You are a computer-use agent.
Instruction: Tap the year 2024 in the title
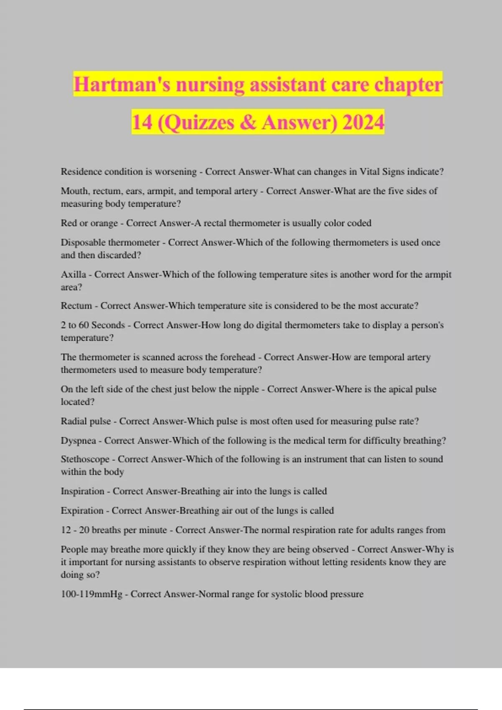[x=363, y=122]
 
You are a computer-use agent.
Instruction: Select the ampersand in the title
[x=248, y=122]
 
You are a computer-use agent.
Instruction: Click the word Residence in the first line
[x=81, y=172]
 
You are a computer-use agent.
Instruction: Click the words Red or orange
[x=89, y=223]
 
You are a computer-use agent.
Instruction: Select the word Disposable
[x=82, y=243]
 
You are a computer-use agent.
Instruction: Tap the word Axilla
[x=73, y=274]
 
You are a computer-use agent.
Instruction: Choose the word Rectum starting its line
[x=76, y=306]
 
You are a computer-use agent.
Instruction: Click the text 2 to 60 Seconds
[x=93, y=325]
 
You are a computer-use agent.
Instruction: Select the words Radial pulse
[x=86, y=421]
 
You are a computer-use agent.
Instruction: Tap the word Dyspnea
[x=78, y=441]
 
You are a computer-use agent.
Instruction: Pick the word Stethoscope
[x=85, y=459]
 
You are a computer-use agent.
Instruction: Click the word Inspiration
[x=82, y=491]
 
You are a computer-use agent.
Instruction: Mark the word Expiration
[x=82, y=510]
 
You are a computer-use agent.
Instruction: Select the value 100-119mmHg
[x=92, y=594]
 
